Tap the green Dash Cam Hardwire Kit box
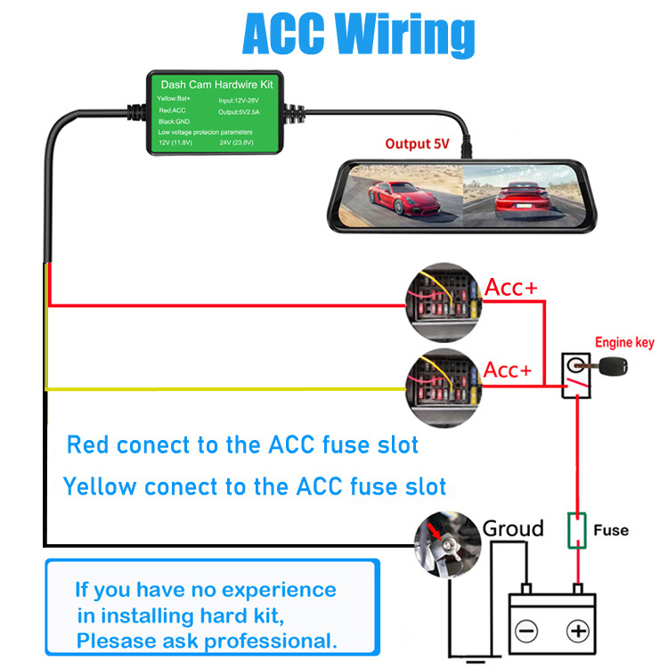coord(214,114)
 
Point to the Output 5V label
coord(420,143)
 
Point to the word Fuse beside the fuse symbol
coord(610,530)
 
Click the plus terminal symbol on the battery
coord(579,631)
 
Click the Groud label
coord(512,528)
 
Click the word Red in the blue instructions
coord(90,444)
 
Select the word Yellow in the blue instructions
coord(100,486)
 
